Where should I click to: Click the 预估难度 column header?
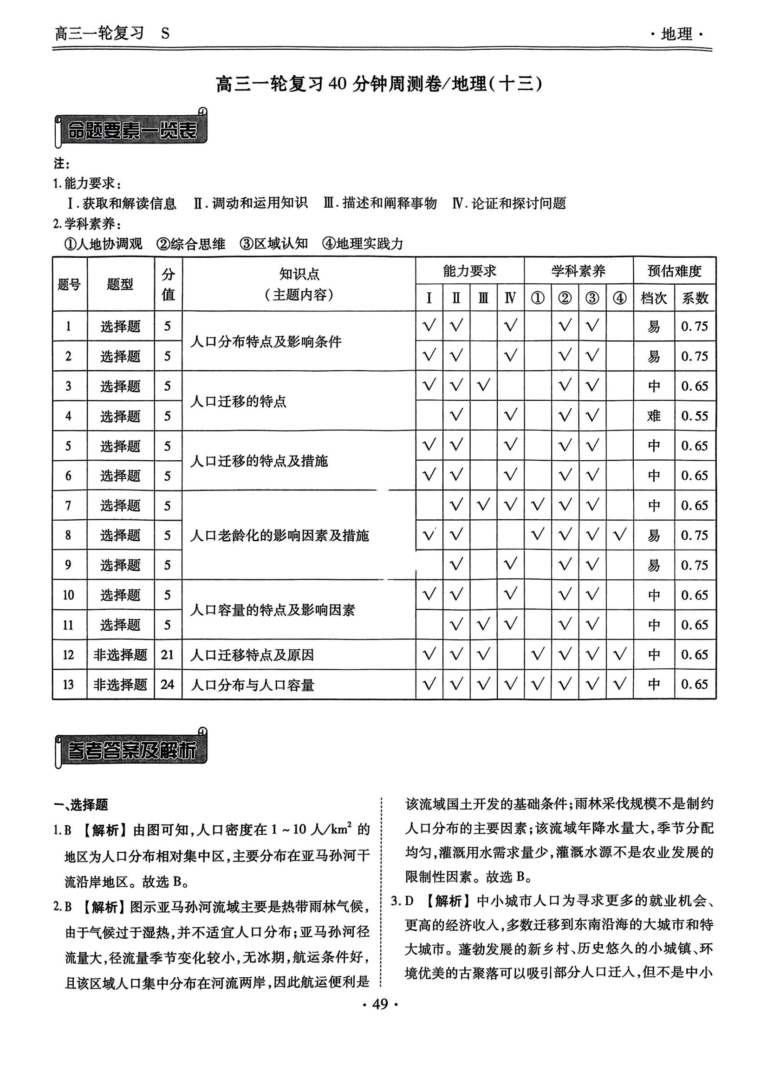point(674,271)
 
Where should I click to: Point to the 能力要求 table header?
point(469,271)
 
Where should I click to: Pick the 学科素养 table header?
point(578,271)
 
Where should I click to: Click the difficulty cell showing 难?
point(654,416)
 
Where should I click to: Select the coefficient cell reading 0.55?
point(694,416)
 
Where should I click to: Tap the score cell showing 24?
point(168,684)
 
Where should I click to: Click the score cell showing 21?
point(168,654)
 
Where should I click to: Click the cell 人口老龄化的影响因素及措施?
point(279,536)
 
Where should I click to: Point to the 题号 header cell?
point(69,284)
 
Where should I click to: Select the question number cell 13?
point(69,684)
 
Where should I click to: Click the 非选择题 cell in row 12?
point(120,654)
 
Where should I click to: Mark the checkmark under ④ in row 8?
point(619,535)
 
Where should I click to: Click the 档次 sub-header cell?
point(654,298)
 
